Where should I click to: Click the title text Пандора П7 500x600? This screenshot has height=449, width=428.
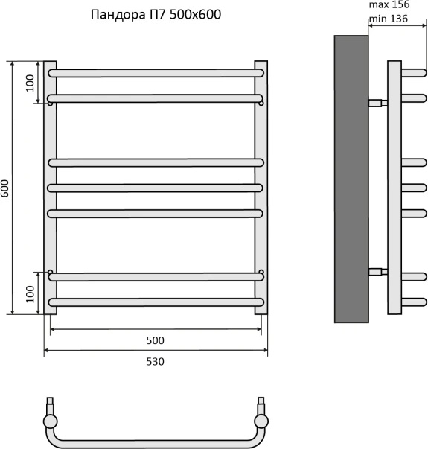point(156,15)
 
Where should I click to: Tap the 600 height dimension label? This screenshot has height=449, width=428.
point(5,188)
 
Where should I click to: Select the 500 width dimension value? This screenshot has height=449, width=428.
point(155,340)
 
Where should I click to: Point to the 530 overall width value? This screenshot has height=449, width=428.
point(155,362)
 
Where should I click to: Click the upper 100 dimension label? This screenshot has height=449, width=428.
point(30,83)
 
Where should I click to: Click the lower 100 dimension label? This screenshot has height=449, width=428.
point(30,294)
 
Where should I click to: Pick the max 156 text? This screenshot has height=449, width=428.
point(389,4)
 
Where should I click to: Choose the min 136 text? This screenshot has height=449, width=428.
point(389,19)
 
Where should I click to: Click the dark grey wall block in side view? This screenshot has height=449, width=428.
point(351,179)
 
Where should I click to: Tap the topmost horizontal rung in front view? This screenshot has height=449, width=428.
point(156,73)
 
